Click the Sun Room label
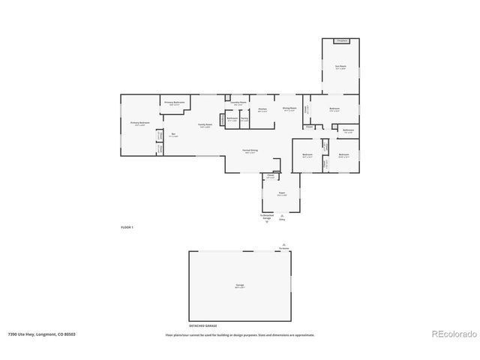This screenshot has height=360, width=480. click(x=340, y=67)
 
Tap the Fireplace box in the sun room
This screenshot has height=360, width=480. click(x=341, y=40)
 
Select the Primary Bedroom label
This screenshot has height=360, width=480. click(x=139, y=124)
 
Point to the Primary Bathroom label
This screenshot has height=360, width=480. click(x=175, y=103)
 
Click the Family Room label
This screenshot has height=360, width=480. click(x=203, y=125)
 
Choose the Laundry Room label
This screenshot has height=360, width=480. click(x=239, y=103)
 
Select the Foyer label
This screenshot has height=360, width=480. click(x=282, y=193)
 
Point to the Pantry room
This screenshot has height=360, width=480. click(x=244, y=119)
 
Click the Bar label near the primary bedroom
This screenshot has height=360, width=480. click(x=172, y=136)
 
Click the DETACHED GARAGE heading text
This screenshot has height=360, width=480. click(x=202, y=326)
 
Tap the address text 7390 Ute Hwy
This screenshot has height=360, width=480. click(x=42, y=334)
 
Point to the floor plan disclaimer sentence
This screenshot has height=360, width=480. click(x=240, y=334)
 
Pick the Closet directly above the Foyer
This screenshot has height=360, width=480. click(x=270, y=177)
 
